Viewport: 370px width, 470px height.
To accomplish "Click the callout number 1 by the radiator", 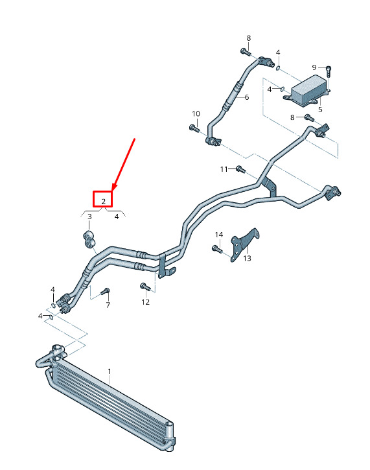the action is pyautogui.click(x=110, y=371).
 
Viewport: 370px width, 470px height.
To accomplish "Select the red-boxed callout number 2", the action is pyautogui.click(x=104, y=202).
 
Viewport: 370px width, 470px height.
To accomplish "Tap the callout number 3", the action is pyautogui.click(x=89, y=217).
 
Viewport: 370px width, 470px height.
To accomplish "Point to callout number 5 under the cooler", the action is pyautogui.click(x=320, y=110).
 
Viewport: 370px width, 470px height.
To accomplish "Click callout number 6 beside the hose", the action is pyautogui.click(x=247, y=97).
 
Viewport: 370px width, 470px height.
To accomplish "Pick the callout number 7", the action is pyautogui.click(x=108, y=305).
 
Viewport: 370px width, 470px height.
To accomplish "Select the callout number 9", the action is pyautogui.click(x=314, y=67).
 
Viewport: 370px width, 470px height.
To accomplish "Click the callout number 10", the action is pyautogui.click(x=196, y=114).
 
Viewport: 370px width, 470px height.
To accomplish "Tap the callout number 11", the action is pyautogui.click(x=224, y=169).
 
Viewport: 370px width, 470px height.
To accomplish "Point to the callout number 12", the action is pyautogui.click(x=146, y=302).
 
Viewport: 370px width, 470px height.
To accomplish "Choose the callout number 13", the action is pyautogui.click(x=247, y=259).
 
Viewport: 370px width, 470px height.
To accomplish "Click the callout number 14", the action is pyautogui.click(x=219, y=235).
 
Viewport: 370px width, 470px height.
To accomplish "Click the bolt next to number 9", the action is pyautogui.click(x=329, y=71).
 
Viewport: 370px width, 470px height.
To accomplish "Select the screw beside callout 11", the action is pyautogui.click(x=241, y=169).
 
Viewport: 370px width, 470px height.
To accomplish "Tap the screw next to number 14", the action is pyautogui.click(x=216, y=249).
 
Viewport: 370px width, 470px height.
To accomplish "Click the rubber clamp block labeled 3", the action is pyautogui.click(x=89, y=239).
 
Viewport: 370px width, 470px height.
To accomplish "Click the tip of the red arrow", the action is pyautogui.click(x=113, y=191).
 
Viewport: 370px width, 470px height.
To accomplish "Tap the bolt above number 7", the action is pyautogui.click(x=106, y=291).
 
